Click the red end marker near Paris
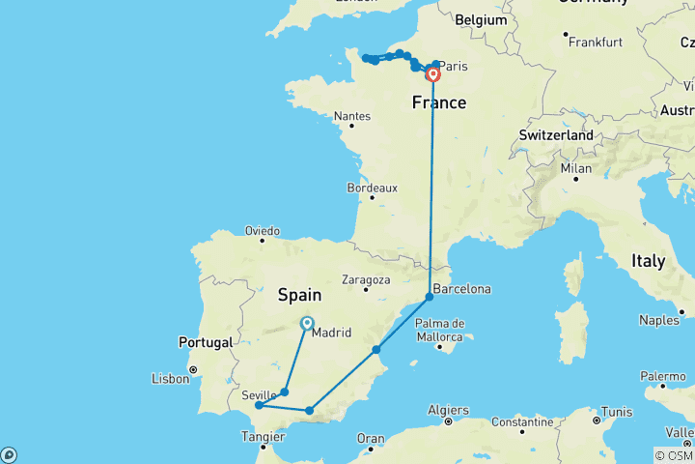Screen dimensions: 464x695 point(433,74)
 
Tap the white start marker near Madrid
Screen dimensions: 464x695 point(307,324)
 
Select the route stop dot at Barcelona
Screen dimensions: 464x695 point(430,296)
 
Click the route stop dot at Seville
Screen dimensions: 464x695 point(259,406)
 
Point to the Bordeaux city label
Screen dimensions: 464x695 point(371,188)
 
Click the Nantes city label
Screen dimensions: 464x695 point(351,116)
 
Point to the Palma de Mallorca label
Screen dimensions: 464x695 point(440,330)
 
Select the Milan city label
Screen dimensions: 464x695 point(575,168)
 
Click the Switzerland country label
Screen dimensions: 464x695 point(556,136)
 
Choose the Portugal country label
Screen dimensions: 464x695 point(205,342)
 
